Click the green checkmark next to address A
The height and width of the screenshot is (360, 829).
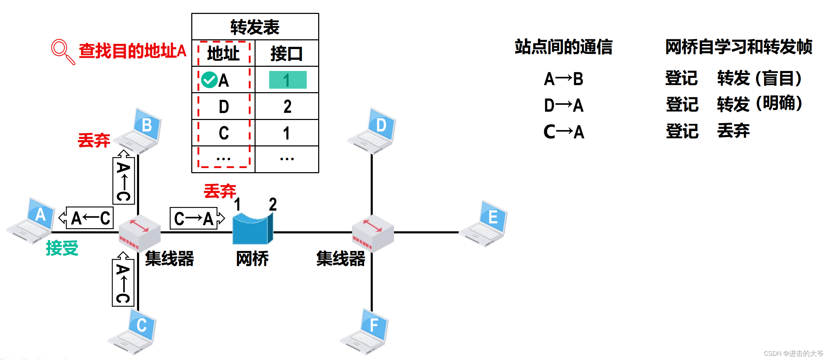(x=209, y=80)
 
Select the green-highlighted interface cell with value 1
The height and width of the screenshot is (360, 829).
(x=288, y=80)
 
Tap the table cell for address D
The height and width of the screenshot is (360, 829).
(x=224, y=106)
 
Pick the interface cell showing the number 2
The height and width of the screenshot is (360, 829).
(x=287, y=106)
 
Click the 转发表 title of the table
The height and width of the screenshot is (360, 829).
(x=255, y=27)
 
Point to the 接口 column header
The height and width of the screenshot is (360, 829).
(x=287, y=54)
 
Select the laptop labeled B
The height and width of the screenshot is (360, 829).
(x=139, y=131)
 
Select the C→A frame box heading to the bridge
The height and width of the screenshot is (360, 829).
(x=197, y=218)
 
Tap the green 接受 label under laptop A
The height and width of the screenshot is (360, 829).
(x=62, y=248)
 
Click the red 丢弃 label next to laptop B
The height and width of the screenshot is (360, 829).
(x=94, y=140)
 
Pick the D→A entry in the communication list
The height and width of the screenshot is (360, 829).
(x=564, y=105)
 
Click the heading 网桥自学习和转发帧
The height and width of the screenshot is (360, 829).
(x=739, y=47)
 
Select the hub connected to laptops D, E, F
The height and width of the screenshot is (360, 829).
(x=372, y=232)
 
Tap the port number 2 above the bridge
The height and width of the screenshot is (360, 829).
(x=273, y=204)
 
